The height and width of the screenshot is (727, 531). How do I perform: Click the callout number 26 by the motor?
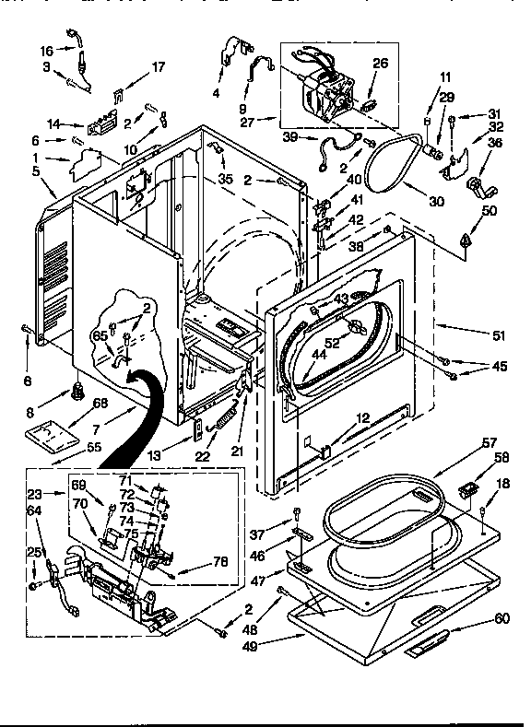[381, 64]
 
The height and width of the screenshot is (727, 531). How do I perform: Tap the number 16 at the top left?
[47, 49]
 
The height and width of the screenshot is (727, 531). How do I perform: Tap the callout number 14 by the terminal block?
[53, 123]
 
